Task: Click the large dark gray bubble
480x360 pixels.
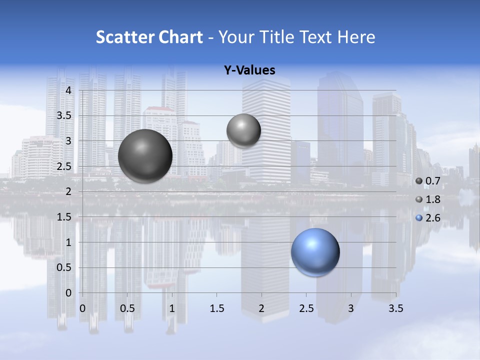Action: click(x=145, y=156)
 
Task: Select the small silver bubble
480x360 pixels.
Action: click(x=243, y=130)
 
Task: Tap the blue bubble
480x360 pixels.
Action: click(x=315, y=252)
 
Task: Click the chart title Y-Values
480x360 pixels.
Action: click(x=249, y=70)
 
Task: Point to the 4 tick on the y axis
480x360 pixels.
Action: click(x=69, y=90)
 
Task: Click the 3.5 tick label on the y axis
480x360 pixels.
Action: click(x=65, y=115)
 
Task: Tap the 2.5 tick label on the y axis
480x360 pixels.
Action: click(x=65, y=166)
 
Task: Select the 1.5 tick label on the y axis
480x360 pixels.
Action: click(x=65, y=217)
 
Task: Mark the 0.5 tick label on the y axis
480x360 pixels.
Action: click(x=65, y=267)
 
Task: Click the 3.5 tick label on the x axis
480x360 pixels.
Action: click(x=395, y=308)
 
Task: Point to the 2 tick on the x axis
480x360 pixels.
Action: click(x=261, y=308)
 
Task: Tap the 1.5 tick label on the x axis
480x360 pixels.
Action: click(x=216, y=308)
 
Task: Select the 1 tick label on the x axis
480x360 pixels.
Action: click(x=172, y=308)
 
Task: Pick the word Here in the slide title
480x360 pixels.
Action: click(x=356, y=37)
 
